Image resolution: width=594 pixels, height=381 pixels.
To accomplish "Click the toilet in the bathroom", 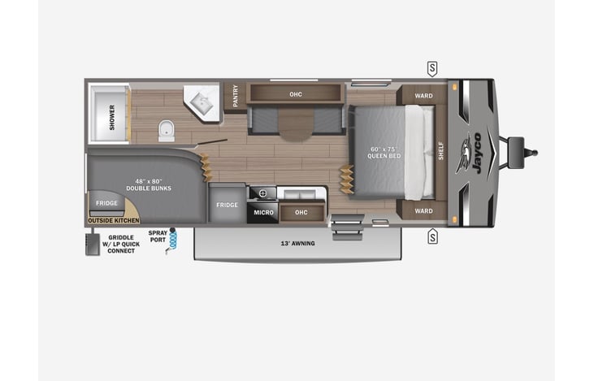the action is click(x=167, y=131).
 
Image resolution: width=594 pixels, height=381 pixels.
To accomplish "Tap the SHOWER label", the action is click(x=112, y=118).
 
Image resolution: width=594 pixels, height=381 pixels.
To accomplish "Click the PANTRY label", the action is click(x=236, y=96).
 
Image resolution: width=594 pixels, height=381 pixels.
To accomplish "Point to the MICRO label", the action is click(x=263, y=213).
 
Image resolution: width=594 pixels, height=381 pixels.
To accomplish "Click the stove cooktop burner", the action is click(x=262, y=193).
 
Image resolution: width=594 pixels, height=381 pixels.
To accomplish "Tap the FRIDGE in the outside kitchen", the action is click(x=106, y=203).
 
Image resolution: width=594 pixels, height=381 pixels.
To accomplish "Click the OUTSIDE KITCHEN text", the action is click(x=114, y=220).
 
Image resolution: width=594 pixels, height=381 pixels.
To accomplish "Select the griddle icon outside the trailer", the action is click(x=93, y=245).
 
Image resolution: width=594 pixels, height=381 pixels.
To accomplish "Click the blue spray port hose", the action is click(x=172, y=241).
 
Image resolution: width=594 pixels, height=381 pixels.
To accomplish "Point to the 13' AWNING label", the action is click(x=297, y=244).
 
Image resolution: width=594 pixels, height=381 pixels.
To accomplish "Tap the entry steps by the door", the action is click(x=348, y=227).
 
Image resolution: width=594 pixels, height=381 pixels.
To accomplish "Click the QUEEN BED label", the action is click(x=384, y=156).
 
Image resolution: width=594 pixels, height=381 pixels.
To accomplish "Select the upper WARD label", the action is click(x=423, y=96).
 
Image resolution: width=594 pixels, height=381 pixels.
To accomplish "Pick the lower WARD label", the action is click(x=423, y=211).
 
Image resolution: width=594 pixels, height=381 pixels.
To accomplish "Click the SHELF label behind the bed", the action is click(x=441, y=151).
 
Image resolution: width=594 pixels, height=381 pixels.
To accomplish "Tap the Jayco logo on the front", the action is click(x=469, y=154).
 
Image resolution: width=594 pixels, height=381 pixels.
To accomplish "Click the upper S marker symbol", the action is click(x=432, y=69).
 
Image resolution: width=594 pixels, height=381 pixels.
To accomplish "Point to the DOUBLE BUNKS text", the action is click(x=149, y=188).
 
